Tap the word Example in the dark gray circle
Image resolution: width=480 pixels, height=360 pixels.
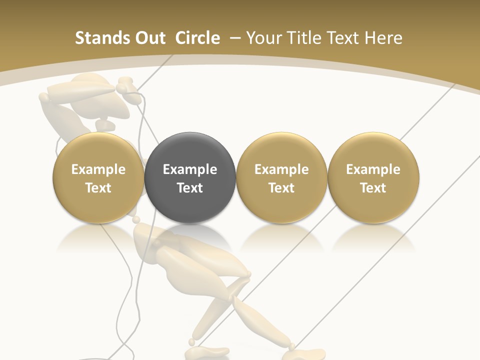point(190,169)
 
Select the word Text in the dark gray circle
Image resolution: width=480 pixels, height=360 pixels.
point(190,188)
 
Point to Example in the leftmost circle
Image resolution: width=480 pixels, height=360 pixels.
point(98,169)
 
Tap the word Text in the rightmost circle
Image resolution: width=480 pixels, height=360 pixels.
point(373,188)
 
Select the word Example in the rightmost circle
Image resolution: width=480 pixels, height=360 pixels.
point(373,169)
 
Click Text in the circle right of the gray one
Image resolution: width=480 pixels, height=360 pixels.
point(281,188)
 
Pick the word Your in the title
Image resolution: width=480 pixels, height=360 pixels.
point(264,38)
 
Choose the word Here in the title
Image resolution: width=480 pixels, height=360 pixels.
point(383,38)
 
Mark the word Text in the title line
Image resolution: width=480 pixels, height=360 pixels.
point(344,38)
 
